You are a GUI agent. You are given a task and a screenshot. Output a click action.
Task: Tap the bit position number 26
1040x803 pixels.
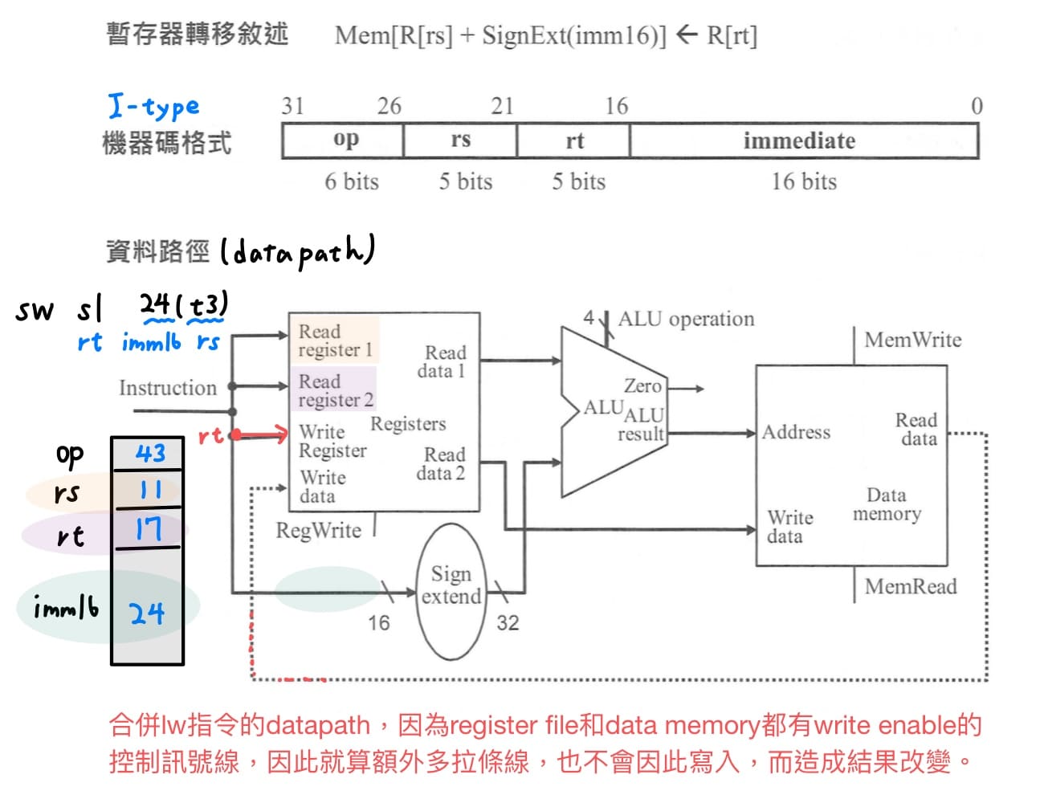point(389,106)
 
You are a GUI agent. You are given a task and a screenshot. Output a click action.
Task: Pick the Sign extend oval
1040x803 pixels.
point(451,591)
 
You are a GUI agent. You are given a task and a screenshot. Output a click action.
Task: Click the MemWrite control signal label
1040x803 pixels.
point(912,340)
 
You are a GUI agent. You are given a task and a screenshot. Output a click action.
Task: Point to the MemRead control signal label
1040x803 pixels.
point(910,586)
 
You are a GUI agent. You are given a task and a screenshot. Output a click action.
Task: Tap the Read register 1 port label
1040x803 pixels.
point(336,340)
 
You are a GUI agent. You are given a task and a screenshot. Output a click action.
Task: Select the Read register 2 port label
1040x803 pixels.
point(336,390)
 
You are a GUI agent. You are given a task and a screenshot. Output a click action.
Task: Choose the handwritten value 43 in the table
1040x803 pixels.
point(149,454)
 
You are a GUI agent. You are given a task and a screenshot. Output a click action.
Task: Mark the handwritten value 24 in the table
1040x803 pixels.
point(147,614)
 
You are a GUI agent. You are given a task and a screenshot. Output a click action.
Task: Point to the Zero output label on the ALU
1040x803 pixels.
point(642,386)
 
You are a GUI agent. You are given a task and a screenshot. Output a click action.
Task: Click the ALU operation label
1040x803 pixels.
point(686,319)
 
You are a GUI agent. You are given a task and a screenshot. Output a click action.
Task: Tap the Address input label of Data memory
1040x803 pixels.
point(796,432)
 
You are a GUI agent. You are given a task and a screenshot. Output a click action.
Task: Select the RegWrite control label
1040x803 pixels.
point(318,530)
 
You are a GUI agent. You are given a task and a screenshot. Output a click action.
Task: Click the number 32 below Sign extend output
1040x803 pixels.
point(507,623)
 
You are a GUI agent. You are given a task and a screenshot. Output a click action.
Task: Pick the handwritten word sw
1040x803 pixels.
point(35,310)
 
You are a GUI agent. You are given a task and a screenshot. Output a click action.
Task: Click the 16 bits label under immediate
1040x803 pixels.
point(804,182)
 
